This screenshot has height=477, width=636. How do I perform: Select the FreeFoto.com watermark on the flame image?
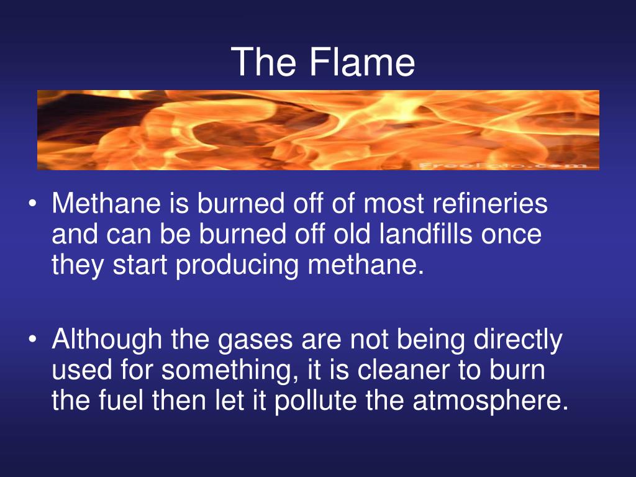502,165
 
